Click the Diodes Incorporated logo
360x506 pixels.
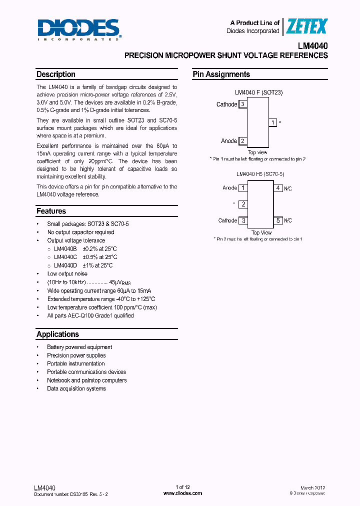[78, 29]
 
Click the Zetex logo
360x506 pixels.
[306, 26]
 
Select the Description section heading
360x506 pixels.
[56, 74]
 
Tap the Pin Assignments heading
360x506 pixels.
[221, 74]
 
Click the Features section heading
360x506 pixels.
[51, 211]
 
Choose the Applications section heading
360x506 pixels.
[57, 334]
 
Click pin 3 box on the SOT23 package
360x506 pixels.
[242, 104]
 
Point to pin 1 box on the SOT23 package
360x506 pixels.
[272, 122]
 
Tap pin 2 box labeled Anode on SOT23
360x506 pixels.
[242, 141]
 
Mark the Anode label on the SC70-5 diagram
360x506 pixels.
[229, 188]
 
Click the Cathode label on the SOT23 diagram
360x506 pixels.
[226, 104]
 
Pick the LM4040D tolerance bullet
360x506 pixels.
[83, 265]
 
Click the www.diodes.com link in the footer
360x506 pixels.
[183, 493]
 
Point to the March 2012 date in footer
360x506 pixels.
[313, 487]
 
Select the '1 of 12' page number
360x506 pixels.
[183, 487]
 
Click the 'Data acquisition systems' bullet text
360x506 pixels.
[76, 388]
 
